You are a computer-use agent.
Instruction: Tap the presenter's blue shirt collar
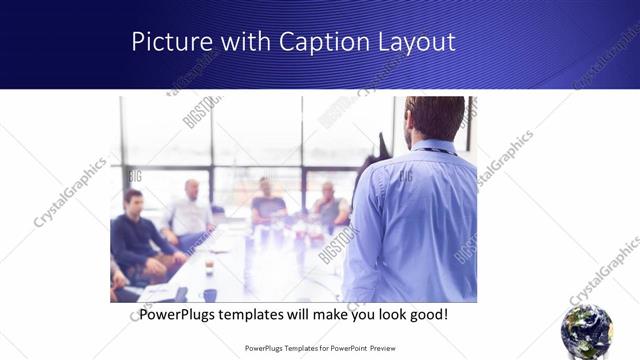click(x=431, y=151)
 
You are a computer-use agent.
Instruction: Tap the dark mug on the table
click(x=210, y=295)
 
